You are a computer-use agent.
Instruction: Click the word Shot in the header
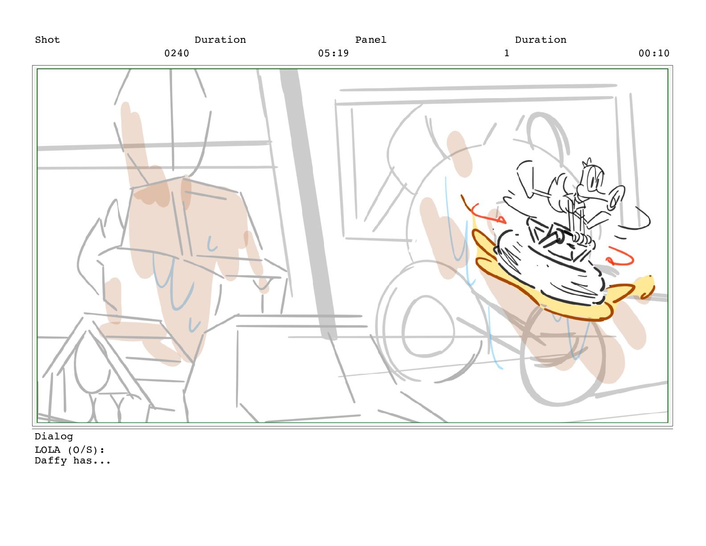click(47, 40)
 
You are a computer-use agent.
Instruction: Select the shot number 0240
click(177, 53)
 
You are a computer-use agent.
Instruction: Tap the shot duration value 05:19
click(333, 53)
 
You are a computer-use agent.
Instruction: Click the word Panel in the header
click(371, 40)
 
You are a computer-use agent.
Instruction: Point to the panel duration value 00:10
click(654, 53)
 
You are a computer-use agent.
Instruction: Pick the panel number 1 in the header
click(507, 53)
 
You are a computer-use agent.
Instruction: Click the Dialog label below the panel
click(54, 437)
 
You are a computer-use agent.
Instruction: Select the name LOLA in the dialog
click(47, 450)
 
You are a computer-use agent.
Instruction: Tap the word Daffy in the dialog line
click(51, 461)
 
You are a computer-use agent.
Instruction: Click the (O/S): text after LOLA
click(86, 450)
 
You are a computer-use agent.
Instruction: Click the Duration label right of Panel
click(541, 40)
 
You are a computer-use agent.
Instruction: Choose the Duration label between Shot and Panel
click(220, 40)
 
